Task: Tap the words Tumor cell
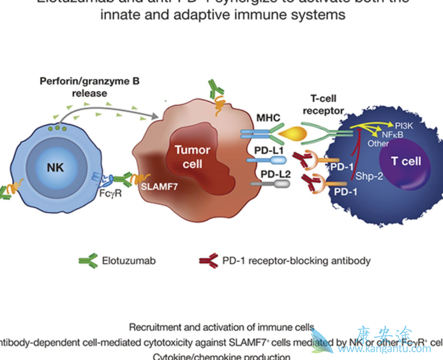click(193, 156)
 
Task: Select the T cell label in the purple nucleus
click(406, 161)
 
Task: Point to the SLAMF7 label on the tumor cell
click(159, 188)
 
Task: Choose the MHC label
click(253, 119)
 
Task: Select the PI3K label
click(403, 126)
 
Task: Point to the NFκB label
click(392, 135)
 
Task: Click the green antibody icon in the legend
click(87, 260)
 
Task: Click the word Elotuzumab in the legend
click(128, 260)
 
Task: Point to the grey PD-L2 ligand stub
click(280, 184)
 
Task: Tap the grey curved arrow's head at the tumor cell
click(156, 116)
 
